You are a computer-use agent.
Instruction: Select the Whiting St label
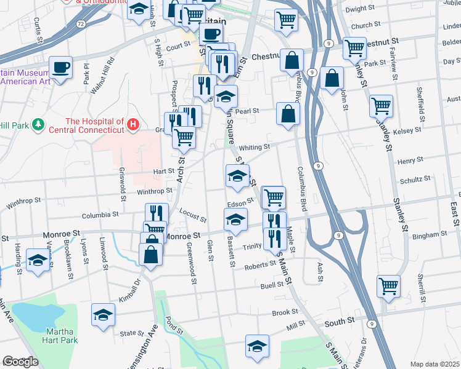[x=255, y=148]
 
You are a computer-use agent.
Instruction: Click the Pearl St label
[x=245, y=111]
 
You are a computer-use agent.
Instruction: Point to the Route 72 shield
[x=81, y=23]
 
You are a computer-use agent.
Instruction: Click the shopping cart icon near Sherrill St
[x=388, y=285]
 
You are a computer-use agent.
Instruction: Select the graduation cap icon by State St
[x=103, y=315]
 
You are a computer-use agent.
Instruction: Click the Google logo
[x=20, y=362]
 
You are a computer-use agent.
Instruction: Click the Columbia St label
[x=100, y=215]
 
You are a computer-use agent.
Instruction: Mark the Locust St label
[x=192, y=215]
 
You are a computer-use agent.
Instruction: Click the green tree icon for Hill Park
[x=39, y=125]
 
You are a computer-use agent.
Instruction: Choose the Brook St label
[x=285, y=312]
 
